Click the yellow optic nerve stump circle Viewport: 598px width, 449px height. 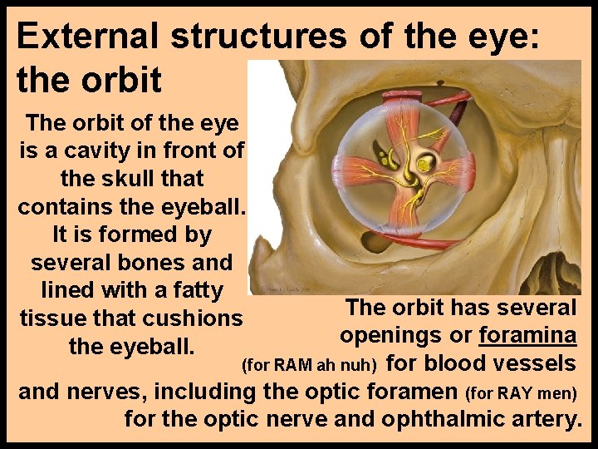coord(424,166)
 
